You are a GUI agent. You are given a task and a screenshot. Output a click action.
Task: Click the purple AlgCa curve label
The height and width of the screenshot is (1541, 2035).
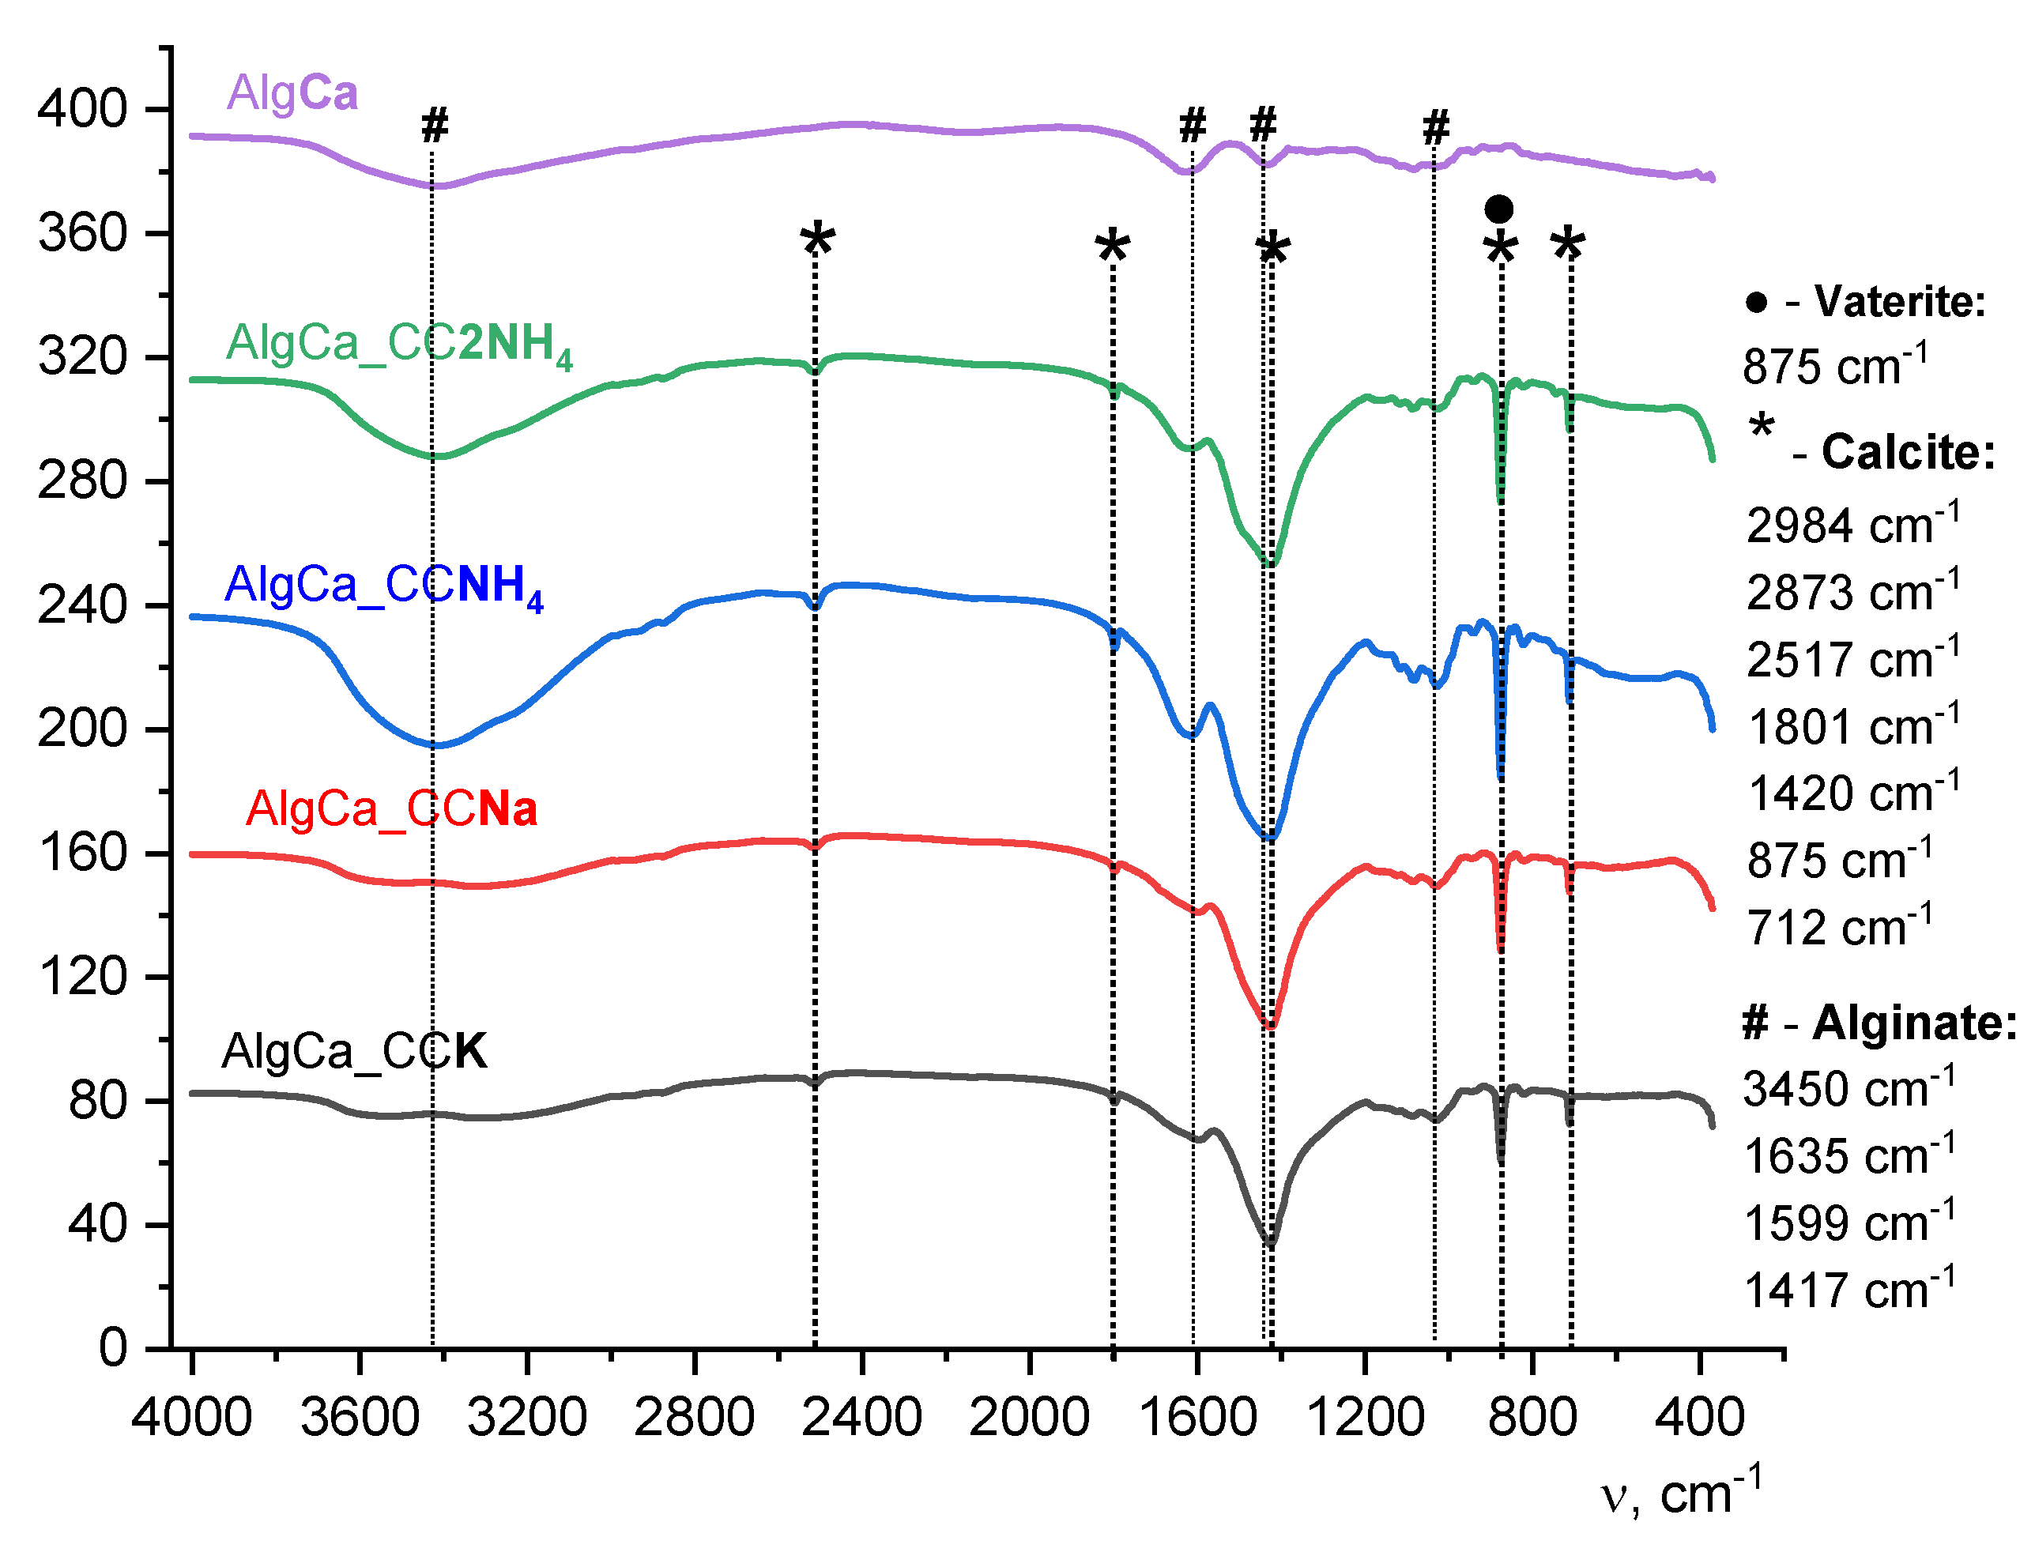pyautogui.click(x=292, y=94)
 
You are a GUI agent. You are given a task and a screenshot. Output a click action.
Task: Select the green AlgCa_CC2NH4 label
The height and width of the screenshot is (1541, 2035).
pyautogui.click(x=399, y=344)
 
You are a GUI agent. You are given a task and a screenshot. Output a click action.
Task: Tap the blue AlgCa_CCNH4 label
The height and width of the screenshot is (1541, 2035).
pyautogui.click(x=383, y=586)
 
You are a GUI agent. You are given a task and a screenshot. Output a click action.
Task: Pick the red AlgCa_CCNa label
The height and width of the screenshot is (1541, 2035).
pyautogui.click(x=391, y=809)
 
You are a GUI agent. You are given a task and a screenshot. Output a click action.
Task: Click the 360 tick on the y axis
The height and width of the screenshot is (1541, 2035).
pyautogui.click(x=82, y=233)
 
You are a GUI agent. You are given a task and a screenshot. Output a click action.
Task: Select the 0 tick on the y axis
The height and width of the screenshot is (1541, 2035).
pyautogui.click(x=113, y=1348)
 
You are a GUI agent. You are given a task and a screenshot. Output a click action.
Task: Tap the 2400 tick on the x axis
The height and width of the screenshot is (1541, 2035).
pyautogui.click(x=861, y=1417)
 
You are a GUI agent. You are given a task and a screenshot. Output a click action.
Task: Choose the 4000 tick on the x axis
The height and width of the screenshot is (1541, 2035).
pyautogui.click(x=191, y=1417)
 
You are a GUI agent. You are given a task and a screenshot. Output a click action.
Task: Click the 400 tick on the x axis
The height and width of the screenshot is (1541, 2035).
pyautogui.click(x=1699, y=1417)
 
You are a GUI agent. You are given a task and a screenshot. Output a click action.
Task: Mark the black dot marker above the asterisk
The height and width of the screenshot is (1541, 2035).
pyautogui.click(x=1498, y=209)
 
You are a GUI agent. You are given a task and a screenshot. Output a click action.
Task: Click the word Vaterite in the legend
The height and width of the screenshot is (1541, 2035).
pyautogui.click(x=1900, y=302)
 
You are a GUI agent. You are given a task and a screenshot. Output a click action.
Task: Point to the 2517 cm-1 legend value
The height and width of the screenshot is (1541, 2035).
pyautogui.click(x=1852, y=660)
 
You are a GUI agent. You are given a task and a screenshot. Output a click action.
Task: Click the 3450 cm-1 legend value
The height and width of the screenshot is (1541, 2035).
pyautogui.click(x=1848, y=1089)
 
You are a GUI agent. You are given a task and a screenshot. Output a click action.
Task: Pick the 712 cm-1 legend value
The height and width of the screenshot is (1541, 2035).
pyautogui.click(x=1839, y=927)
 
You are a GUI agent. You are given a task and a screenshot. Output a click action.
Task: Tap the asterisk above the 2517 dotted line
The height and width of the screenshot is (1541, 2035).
pyautogui.click(x=817, y=243)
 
